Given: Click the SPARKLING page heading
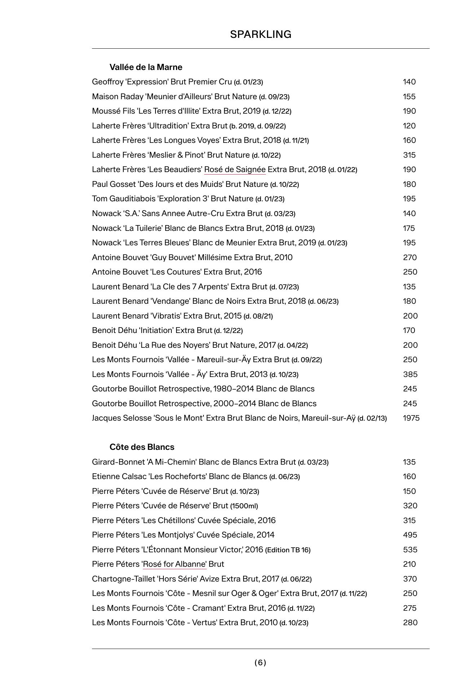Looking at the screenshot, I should pos(260,34).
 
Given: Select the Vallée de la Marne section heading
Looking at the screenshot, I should pos(146,67).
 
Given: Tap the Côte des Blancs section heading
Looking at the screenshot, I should pos(142,447).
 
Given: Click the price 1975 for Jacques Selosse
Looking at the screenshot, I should pos(411,418).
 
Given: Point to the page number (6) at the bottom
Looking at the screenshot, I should pos(260,662).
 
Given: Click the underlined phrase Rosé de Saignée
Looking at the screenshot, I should pos(235,170).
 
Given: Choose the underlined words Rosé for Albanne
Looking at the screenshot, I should pos(175,564).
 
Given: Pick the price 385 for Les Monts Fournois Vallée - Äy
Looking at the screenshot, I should pos(410,374).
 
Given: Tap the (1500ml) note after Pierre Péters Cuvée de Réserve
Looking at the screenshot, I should pos(244,506).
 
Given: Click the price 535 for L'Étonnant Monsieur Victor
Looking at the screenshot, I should pos(410,550).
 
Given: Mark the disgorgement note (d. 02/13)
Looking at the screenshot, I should pos(372,418).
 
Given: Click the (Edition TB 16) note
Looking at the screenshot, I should pos(288,550).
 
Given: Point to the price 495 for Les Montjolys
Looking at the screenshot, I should pos(410,535).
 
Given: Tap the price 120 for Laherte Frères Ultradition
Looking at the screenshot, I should pos(409,126).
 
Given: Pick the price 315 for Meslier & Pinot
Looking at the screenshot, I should pos(409,155).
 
